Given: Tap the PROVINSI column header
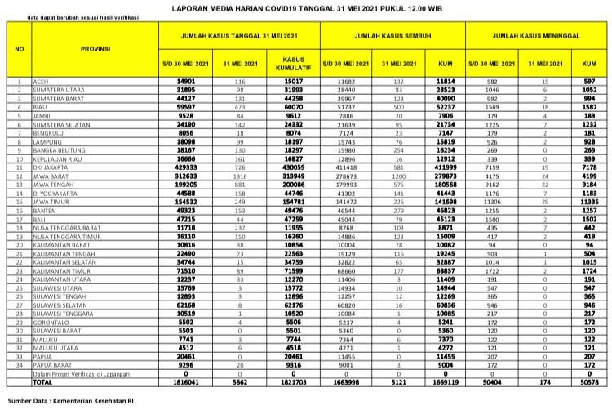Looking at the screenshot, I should [96, 49].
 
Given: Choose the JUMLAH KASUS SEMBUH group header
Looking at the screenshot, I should [393, 37].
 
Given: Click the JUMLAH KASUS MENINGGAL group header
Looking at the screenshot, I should [537, 37].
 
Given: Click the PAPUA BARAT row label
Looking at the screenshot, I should [52, 365].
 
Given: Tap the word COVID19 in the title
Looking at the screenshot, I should [295, 6].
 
